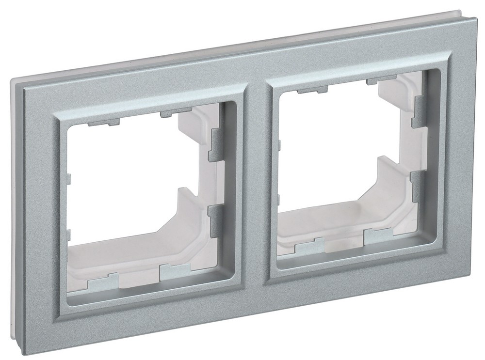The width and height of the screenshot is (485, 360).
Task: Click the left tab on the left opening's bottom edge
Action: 102,280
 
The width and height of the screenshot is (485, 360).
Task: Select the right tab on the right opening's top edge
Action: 381,79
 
